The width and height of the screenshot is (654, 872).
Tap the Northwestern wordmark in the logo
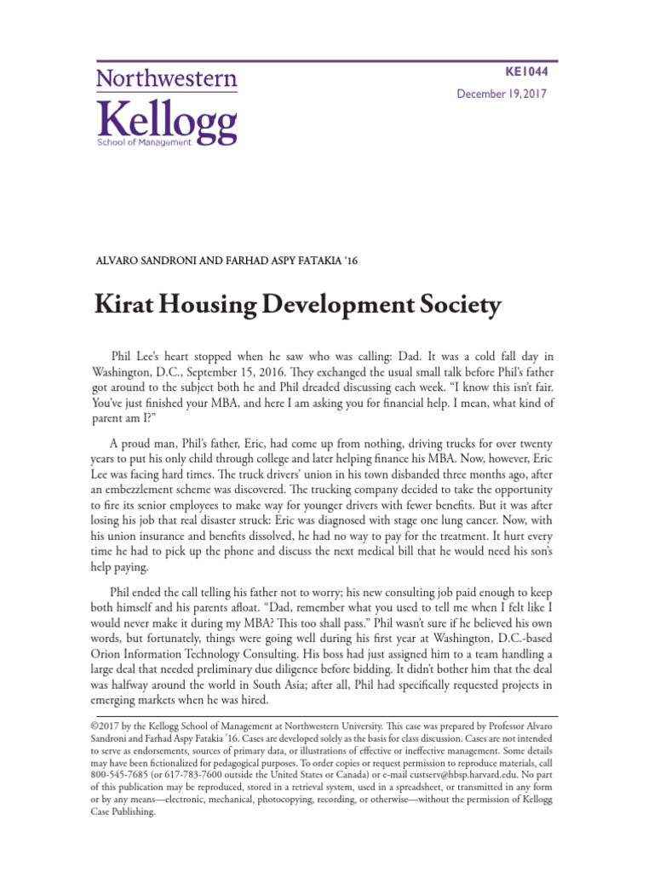pos(167,80)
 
